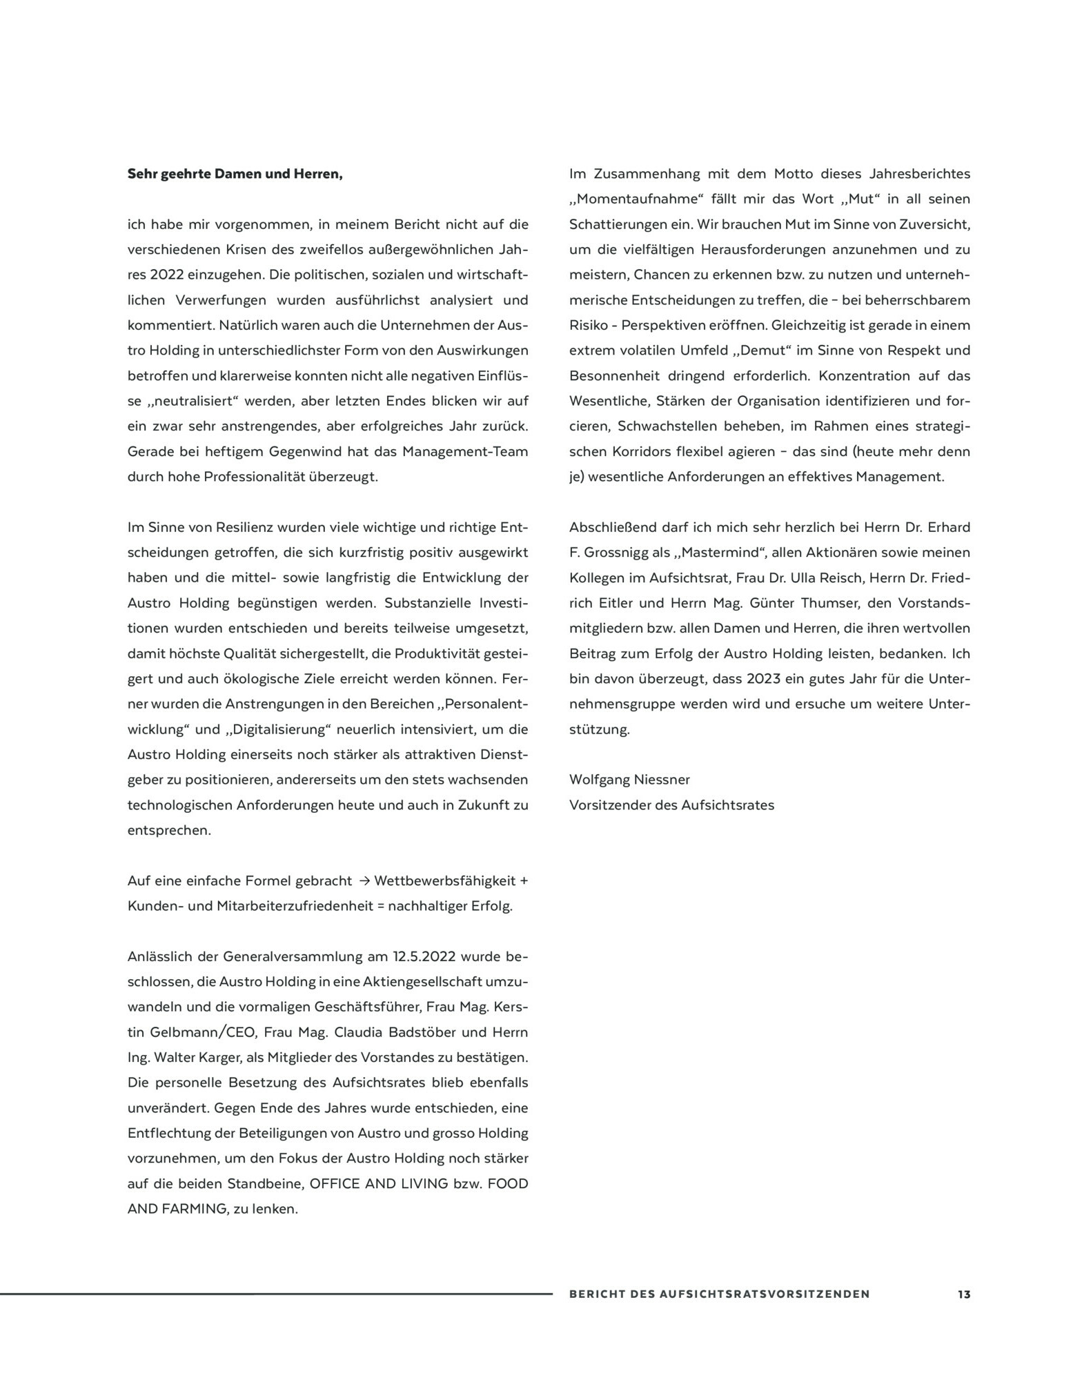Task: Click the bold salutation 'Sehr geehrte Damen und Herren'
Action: [235, 174]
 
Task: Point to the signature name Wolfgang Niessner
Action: [629, 780]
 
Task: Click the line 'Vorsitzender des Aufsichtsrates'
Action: [671, 805]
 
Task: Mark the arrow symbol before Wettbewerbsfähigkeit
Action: [365, 881]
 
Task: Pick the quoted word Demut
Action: [765, 351]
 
